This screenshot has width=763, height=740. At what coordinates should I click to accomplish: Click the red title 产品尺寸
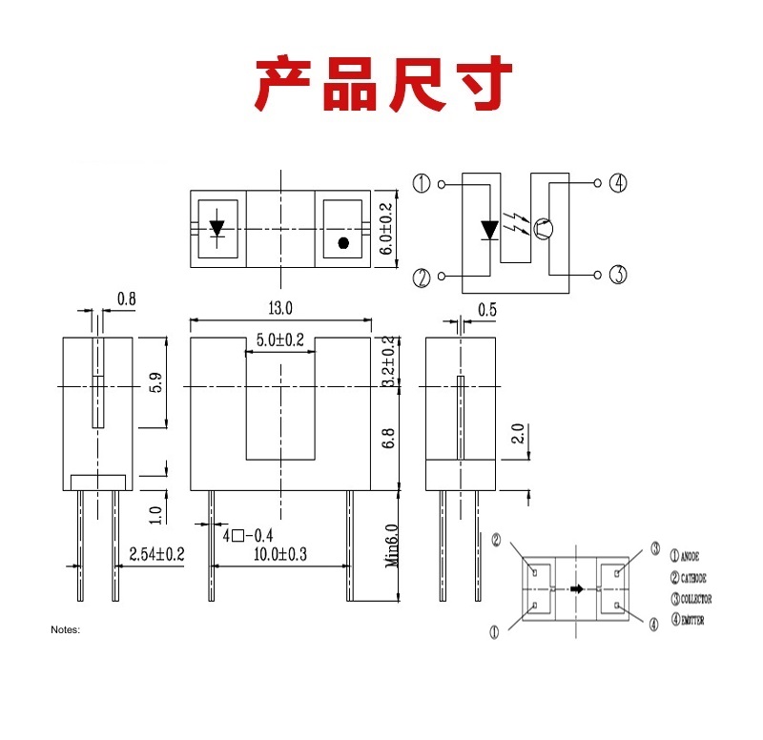[x=381, y=85]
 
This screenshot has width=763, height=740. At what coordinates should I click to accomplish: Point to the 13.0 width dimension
[x=279, y=308]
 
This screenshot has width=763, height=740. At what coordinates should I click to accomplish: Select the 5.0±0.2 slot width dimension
[x=279, y=340]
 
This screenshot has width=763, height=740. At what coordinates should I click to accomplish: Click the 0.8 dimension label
[x=126, y=299]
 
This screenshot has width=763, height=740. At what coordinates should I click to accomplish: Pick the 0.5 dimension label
[x=487, y=309]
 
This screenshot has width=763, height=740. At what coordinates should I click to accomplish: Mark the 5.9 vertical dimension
[x=155, y=381]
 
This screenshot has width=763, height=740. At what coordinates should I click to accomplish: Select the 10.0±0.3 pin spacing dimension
[x=281, y=554]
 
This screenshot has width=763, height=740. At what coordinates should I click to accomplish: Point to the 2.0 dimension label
[x=517, y=434]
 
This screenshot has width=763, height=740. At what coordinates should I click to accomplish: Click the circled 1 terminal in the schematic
[x=423, y=183]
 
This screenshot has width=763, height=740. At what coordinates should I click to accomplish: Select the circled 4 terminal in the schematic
[x=618, y=183]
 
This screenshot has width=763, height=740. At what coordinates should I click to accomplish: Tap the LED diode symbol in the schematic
[x=489, y=230]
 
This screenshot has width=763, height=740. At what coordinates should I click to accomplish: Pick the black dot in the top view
[x=343, y=242]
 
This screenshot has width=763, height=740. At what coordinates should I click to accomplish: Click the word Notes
[x=66, y=630]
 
